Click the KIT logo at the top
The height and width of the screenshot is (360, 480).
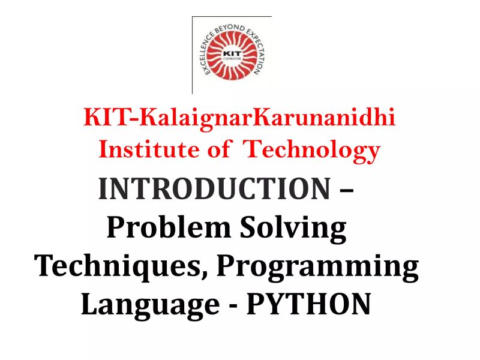tap(232, 55)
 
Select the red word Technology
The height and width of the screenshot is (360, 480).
tap(311, 149)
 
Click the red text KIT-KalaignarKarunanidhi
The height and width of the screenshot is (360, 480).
tap(239, 116)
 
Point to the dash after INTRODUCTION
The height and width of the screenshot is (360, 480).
tap(346, 191)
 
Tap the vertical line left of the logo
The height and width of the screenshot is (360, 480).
tap(193, 55)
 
